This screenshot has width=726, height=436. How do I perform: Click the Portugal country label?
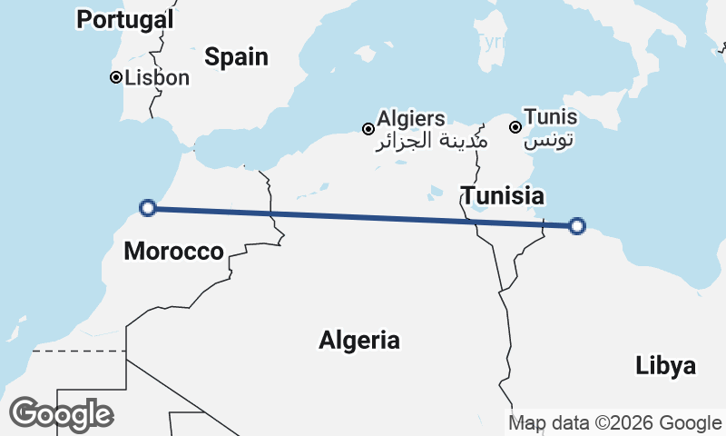pos(125,19)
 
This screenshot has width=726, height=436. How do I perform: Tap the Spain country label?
pos(236,57)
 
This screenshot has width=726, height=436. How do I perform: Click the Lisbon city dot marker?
pos(116,77)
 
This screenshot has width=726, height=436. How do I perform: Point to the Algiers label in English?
pos(411,118)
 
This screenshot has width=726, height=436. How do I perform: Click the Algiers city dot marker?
pos(368,129)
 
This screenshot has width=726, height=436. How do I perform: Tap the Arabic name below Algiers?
pos(431,142)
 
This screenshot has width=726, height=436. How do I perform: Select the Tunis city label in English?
pos(550,118)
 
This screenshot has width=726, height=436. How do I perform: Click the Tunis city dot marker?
pos(515,127)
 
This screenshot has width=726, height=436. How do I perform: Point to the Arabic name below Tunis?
pos(550,142)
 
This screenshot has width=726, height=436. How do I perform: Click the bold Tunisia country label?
pos(503,195)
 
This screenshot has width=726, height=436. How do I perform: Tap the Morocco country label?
pos(173,252)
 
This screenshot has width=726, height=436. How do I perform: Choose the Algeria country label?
pos(359,341)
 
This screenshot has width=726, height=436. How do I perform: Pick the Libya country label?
pos(666,366)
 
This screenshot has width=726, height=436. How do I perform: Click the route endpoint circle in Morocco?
pos(149,208)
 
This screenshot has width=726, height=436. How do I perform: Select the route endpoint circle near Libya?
pos(576,226)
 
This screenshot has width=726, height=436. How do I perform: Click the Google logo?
pos(61,414)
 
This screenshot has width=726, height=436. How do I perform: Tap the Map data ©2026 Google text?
pos(614,423)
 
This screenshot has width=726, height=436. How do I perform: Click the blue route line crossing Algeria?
pos(363,217)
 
